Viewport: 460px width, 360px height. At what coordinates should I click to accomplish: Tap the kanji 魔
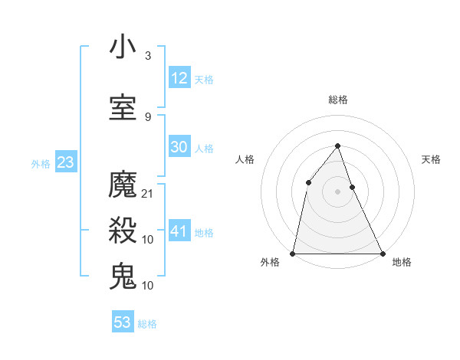(x=123, y=185)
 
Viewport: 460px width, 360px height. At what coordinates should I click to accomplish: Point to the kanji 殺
(x=123, y=230)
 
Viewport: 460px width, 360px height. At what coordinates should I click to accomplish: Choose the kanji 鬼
(x=123, y=276)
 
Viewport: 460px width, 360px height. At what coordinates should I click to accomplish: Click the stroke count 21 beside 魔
(x=148, y=194)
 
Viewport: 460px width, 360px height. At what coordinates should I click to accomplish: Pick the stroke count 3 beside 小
(x=148, y=56)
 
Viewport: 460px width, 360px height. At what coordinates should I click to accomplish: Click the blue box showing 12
(x=179, y=78)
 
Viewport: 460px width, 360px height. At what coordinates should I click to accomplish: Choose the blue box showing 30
(x=179, y=147)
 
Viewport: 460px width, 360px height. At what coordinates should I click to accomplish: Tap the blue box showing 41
(x=179, y=231)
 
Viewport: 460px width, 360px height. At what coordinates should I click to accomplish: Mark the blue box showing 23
(x=64, y=162)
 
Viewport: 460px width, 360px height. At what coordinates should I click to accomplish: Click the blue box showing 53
(x=123, y=322)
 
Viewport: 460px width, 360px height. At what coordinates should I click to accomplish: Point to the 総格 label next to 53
(x=147, y=324)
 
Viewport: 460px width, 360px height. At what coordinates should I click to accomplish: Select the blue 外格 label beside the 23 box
(x=41, y=163)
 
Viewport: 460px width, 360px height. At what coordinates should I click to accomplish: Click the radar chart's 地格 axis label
(x=402, y=262)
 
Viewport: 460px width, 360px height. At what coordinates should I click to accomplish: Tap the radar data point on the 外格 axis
(x=293, y=253)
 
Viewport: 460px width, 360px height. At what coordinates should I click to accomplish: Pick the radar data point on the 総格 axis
(x=337, y=146)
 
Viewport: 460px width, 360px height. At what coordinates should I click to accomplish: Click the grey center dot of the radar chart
(x=337, y=191)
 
